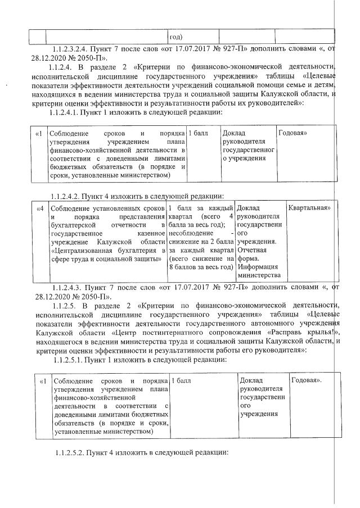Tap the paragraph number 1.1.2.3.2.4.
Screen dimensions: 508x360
pos(69,49)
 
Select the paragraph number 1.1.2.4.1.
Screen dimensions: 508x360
pos(66,112)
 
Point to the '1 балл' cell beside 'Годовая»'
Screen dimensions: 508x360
pos(197,133)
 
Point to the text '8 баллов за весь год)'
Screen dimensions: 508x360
pos(201,266)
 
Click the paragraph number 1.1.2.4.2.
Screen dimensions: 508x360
pos(67,196)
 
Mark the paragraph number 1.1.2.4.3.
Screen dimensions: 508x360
pos(69,288)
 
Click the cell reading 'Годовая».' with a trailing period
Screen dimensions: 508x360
pos(307,381)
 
